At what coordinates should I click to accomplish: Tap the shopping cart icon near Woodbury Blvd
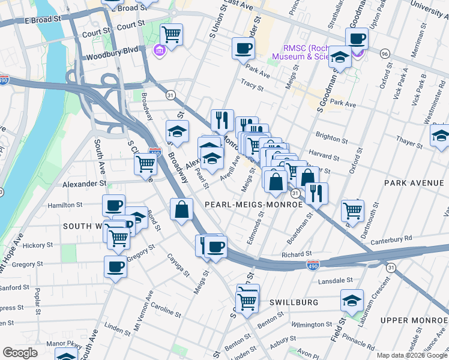(172, 35)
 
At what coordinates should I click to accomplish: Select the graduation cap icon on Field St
(352, 299)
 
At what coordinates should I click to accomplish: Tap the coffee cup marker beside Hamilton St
(113, 205)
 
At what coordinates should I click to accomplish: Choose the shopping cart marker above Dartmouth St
(352, 210)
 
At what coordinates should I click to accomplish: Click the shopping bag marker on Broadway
(181, 210)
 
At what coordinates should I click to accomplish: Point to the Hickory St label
(34, 245)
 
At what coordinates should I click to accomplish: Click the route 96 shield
(385, 54)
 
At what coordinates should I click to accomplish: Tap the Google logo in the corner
(20, 353)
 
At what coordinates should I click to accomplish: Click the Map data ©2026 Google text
(411, 355)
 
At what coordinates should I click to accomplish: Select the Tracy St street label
(252, 86)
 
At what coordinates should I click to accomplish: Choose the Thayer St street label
(409, 143)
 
